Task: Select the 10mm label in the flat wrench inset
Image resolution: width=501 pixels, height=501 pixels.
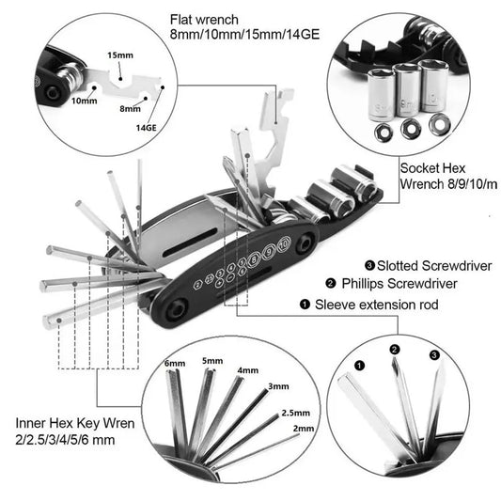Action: tap(85, 101)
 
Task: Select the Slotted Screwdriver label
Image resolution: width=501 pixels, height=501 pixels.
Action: tap(430, 266)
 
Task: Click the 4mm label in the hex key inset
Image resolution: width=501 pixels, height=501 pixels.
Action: tap(247, 370)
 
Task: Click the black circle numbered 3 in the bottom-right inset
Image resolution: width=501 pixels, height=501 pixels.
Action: tap(433, 355)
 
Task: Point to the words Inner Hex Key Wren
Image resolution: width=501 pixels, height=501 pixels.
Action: tap(76, 424)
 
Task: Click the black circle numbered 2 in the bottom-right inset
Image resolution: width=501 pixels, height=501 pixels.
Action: tap(396, 351)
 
